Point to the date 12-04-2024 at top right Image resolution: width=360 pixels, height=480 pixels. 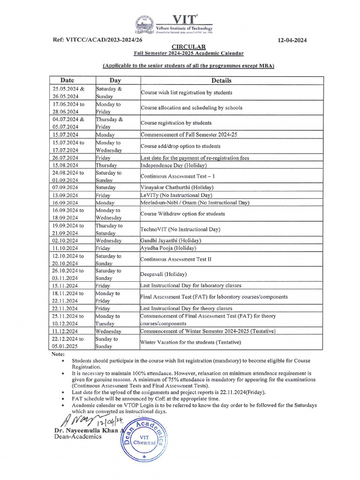click(x=292, y=40)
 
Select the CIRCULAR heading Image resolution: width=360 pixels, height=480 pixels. click(x=188, y=47)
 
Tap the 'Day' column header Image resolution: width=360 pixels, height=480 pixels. click(x=115, y=80)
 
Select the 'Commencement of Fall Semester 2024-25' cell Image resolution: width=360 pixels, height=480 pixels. click(x=189, y=135)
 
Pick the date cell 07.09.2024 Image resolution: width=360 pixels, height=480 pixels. click(x=66, y=187)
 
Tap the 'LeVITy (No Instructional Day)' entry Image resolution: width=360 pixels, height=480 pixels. click(x=176, y=195)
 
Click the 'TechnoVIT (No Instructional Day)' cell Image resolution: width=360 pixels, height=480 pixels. click(x=180, y=229)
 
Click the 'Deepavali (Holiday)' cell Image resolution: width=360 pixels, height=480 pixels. click(x=164, y=274)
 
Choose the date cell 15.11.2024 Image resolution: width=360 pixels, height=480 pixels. click(x=66, y=285)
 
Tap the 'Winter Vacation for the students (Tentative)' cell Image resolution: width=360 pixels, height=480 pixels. click(x=191, y=342)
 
